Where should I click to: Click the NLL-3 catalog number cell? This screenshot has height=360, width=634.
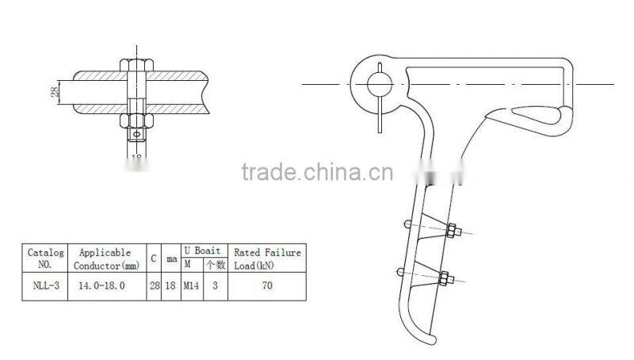coord(45,281)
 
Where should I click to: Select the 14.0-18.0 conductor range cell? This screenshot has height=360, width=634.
coord(107,281)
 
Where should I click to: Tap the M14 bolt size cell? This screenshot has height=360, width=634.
coord(190,281)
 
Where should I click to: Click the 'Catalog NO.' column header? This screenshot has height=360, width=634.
coord(45,257)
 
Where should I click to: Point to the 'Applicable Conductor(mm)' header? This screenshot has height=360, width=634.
coord(107,257)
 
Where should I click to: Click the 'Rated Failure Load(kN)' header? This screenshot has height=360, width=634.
coord(266,257)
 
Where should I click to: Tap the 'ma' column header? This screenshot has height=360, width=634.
coord(171,259)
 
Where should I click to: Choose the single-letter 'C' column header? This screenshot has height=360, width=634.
coord(155,257)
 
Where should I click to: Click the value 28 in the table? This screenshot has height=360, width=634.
coord(155,281)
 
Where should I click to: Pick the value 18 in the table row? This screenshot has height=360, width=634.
coord(171,281)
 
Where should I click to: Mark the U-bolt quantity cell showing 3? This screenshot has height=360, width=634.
coord(214,281)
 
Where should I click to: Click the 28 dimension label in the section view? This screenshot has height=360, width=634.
coord(54,91)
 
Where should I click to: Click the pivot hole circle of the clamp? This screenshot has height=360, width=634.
coord(376,79)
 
